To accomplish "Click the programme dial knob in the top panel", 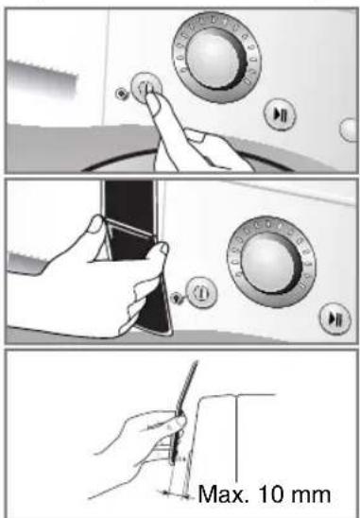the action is [216, 59].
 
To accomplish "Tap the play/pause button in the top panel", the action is [280, 114].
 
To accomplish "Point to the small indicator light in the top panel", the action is [121, 94].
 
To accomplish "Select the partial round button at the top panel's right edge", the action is [349, 129].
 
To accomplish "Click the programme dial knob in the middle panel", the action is [271, 262].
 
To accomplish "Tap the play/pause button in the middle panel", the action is [334, 319].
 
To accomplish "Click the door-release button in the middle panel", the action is [201, 292].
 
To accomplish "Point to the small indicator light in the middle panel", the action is [178, 298].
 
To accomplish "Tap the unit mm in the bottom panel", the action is [310, 496].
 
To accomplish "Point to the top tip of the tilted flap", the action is [197, 361].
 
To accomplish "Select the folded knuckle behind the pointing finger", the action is [195, 134].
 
